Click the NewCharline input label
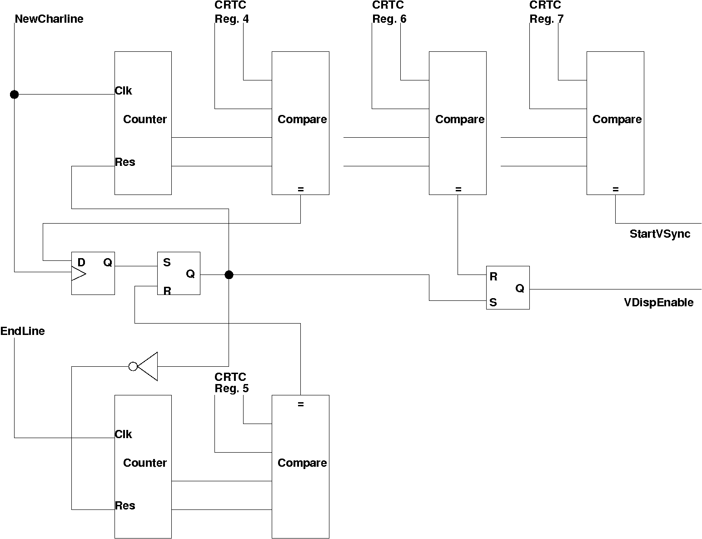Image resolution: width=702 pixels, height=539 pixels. pyautogui.click(x=49, y=19)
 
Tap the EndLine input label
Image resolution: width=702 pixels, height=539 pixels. pyautogui.click(x=23, y=331)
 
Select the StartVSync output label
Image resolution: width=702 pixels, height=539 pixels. pyautogui.click(x=660, y=234)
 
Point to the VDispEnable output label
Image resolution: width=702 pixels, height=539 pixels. pyautogui.click(x=659, y=303)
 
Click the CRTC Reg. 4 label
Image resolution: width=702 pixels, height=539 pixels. pyautogui.click(x=231, y=12)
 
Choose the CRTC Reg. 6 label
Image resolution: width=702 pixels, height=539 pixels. pyautogui.click(x=389, y=12)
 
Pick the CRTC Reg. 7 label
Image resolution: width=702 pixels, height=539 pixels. pyautogui.click(x=546, y=12)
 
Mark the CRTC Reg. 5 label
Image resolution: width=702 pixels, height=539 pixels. pyautogui.click(x=231, y=383)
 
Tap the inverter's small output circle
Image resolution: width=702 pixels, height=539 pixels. pyautogui.click(x=133, y=366)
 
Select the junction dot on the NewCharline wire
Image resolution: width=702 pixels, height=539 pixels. pyautogui.click(x=15, y=95)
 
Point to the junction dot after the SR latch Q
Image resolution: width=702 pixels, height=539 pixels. pyautogui.click(x=229, y=274)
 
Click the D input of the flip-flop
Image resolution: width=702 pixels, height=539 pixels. pyautogui.click(x=81, y=262)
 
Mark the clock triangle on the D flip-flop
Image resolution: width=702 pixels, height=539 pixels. pyautogui.click(x=78, y=273)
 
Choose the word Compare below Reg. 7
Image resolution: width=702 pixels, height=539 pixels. pyautogui.click(x=617, y=120)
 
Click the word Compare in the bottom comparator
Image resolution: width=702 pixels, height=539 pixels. pyautogui.click(x=302, y=463)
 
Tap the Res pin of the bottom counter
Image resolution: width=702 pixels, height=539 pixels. pyautogui.click(x=125, y=506)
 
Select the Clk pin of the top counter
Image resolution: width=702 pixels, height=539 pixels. pyautogui.click(x=123, y=91)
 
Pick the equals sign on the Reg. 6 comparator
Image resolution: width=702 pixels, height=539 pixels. pyautogui.click(x=458, y=189)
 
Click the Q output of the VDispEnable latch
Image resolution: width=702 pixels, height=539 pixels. pyautogui.click(x=520, y=288)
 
